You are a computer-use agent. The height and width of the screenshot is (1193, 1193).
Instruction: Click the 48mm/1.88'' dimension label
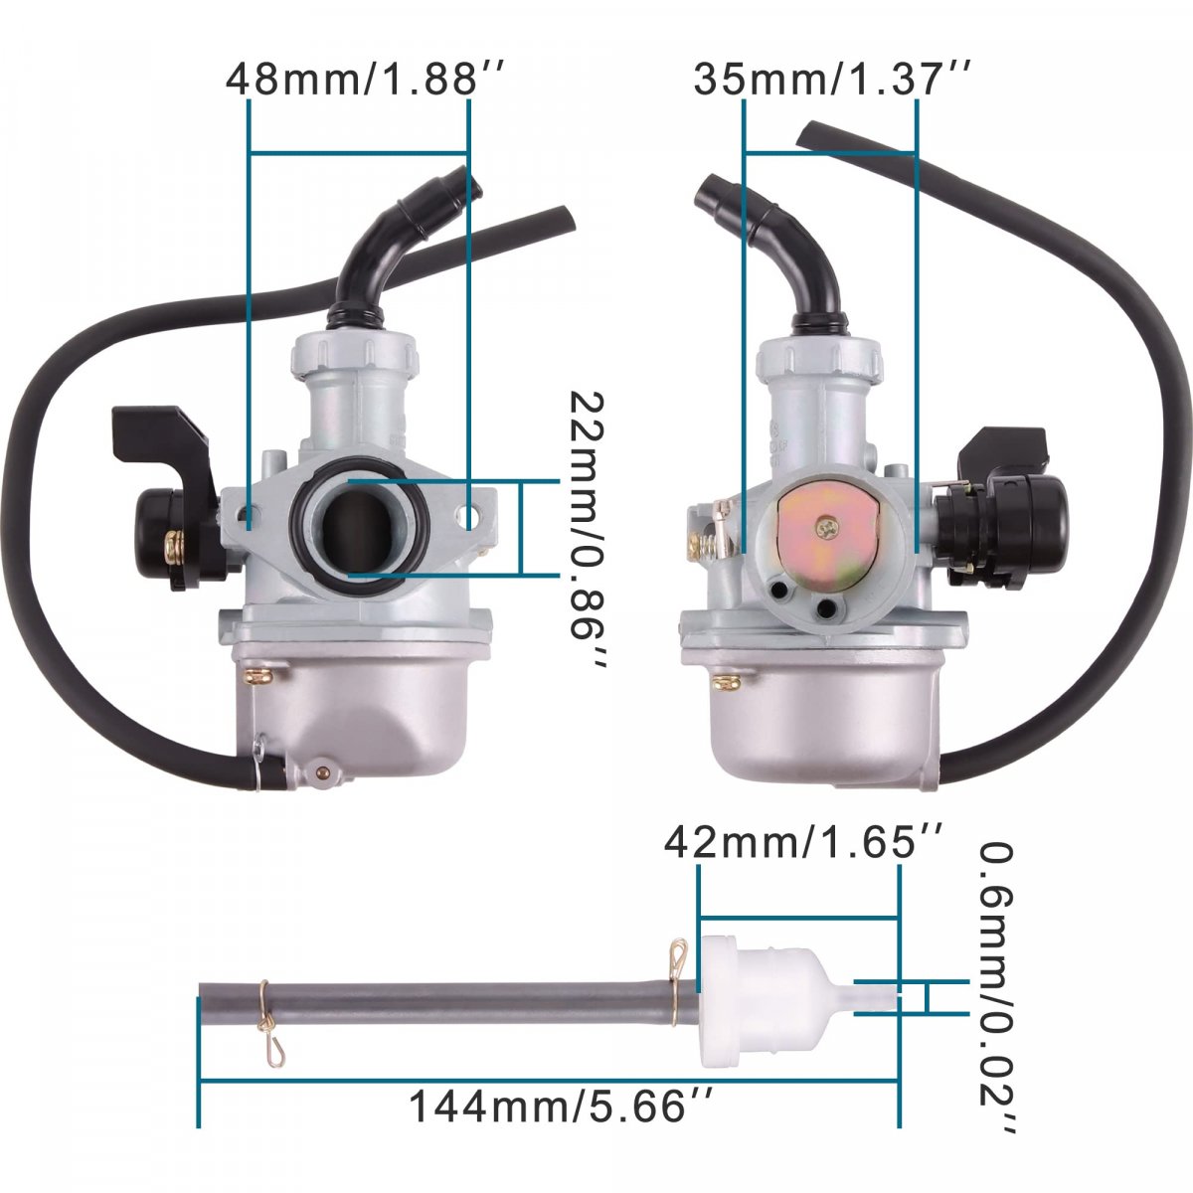click(x=366, y=80)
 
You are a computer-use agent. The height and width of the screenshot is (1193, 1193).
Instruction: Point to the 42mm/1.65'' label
click(x=803, y=843)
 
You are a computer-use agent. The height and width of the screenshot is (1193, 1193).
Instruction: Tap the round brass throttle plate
click(x=829, y=546)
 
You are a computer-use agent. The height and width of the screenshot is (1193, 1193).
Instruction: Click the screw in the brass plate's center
click(x=826, y=528)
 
